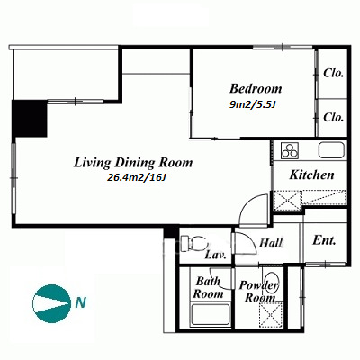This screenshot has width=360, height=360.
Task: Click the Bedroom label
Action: [256, 89]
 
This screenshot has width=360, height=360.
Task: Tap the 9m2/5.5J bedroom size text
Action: [252, 104]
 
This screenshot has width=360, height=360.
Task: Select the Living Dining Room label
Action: [133, 163]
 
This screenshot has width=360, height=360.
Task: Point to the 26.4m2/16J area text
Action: [137, 178]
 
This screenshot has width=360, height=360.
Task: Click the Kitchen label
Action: [311, 175]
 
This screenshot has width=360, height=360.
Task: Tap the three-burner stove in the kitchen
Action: [290, 150]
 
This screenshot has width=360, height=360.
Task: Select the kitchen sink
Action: [331, 150]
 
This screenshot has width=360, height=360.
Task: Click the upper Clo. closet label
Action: [333, 73]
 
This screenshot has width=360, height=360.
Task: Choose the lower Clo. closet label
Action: [333, 117]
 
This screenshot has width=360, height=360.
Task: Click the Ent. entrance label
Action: [324, 240]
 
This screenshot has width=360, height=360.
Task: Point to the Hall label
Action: [271, 243]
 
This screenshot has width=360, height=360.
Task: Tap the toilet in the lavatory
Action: [194, 243]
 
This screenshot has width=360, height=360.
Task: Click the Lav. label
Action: [215, 256]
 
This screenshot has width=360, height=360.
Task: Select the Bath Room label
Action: [208, 288]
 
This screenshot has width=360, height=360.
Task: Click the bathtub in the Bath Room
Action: [211, 314]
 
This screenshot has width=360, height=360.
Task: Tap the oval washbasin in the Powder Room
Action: [272, 282]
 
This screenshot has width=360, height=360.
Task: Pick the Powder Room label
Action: [258, 292]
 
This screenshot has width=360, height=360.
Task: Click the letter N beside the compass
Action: [80, 302]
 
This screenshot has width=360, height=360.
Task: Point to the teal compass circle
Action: [49, 302]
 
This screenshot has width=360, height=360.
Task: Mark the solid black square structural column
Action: [30, 119]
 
